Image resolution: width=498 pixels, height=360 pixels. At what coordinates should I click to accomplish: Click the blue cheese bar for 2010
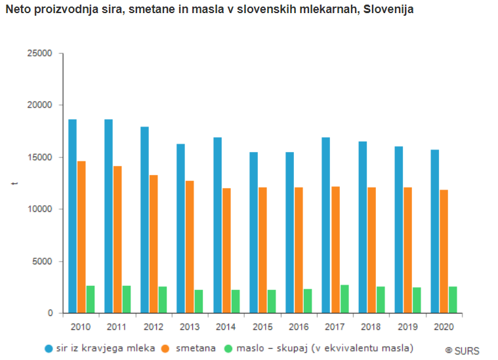pyautogui.click(x=72, y=216)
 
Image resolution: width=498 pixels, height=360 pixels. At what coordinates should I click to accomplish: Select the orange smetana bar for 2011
pyautogui.click(x=117, y=239)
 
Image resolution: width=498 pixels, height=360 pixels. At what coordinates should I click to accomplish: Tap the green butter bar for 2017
pyautogui.click(x=344, y=299)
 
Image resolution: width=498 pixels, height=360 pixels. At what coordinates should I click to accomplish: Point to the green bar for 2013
pyautogui.click(x=199, y=302)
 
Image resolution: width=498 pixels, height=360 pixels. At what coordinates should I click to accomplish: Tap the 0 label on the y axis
pyautogui.click(x=50, y=313)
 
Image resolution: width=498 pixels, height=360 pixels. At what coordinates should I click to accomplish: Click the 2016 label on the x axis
pyautogui.click(x=299, y=327)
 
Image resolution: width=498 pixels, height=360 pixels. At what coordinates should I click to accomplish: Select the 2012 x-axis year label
pyautogui.click(x=154, y=327)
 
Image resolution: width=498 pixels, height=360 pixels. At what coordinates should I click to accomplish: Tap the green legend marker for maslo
pyautogui.click(x=229, y=348)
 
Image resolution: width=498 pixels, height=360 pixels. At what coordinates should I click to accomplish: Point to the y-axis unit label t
pyautogui.click(x=14, y=183)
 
